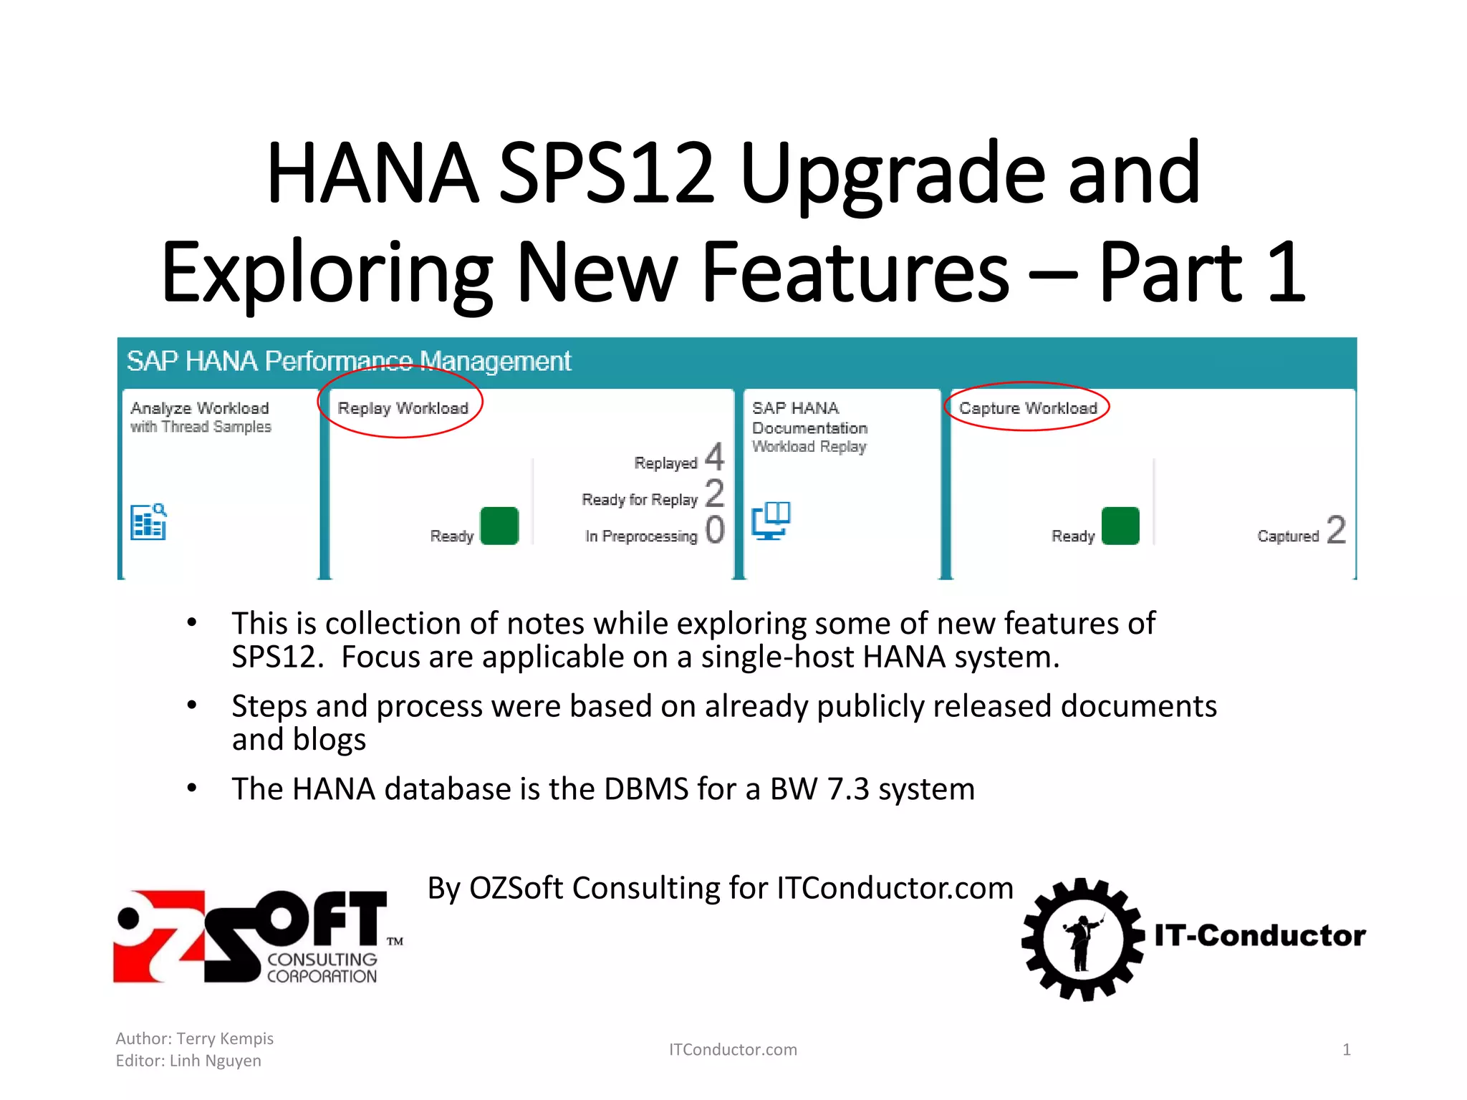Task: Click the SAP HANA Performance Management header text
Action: (x=349, y=361)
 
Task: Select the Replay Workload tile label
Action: (x=403, y=408)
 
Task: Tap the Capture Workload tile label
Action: (x=1028, y=408)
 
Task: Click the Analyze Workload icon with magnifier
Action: (x=148, y=521)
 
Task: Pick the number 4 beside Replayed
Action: (x=714, y=456)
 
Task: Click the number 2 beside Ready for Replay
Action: (x=714, y=493)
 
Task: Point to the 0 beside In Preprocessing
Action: (x=714, y=530)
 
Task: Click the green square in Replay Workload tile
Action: (x=499, y=526)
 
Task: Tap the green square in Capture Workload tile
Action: (x=1120, y=526)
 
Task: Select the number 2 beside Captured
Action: (x=1336, y=530)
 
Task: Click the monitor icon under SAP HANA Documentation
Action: (x=771, y=520)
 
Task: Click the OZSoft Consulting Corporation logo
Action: (x=258, y=937)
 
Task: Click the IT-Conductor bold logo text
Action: (x=1260, y=935)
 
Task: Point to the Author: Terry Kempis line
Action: (x=195, y=1038)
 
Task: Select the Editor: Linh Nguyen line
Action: (x=188, y=1061)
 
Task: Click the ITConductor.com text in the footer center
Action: (x=733, y=1050)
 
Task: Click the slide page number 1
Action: (x=1347, y=1050)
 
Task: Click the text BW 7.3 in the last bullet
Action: (x=819, y=789)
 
